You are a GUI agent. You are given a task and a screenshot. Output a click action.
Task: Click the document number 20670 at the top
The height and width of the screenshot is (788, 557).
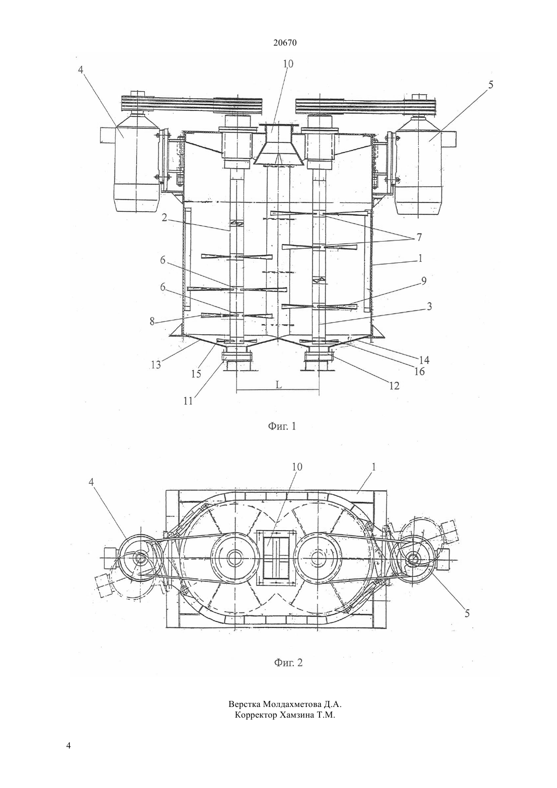[x=285, y=43]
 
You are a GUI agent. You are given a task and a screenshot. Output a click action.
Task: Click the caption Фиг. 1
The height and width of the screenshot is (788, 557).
[x=283, y=426]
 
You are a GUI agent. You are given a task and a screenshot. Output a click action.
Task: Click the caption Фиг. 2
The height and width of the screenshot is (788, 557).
[x=288, y=663]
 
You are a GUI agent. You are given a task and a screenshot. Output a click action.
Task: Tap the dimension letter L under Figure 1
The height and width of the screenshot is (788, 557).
[x=278, y=385]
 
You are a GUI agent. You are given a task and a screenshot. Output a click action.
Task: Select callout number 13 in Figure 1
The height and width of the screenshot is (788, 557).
[x=156, y=365]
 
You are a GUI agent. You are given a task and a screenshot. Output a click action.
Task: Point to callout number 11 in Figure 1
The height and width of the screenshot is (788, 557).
[x=188, y=401]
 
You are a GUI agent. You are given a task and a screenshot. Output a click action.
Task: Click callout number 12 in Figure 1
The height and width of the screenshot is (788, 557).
[x=394, y=386]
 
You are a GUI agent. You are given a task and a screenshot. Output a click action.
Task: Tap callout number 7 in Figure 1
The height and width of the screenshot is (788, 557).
[x=419, y=237]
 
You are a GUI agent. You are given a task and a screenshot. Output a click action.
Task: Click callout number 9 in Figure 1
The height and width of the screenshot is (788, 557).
[x=424, y=281]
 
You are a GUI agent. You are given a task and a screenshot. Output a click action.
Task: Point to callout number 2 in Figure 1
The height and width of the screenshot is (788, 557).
[x=164, y=217]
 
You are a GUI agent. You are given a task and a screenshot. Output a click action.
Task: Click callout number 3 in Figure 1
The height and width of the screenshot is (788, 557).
[x=429, y=306]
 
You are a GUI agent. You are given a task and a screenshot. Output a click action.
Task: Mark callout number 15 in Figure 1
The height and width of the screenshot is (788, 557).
[x=196, y=374]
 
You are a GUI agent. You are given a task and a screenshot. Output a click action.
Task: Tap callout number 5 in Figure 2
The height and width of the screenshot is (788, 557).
[x=467, y=613]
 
